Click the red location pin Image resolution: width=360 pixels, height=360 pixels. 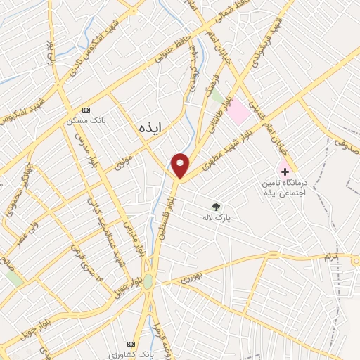pyautogui.click(x=181, y=165)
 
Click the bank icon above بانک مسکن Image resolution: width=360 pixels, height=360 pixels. pyautogui.click(x=86, y=110)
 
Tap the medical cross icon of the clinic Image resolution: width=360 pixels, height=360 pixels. pyautogui.click(x=285, y=171)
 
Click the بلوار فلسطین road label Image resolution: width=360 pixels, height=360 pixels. pyautogui.click(x=168, y=210)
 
